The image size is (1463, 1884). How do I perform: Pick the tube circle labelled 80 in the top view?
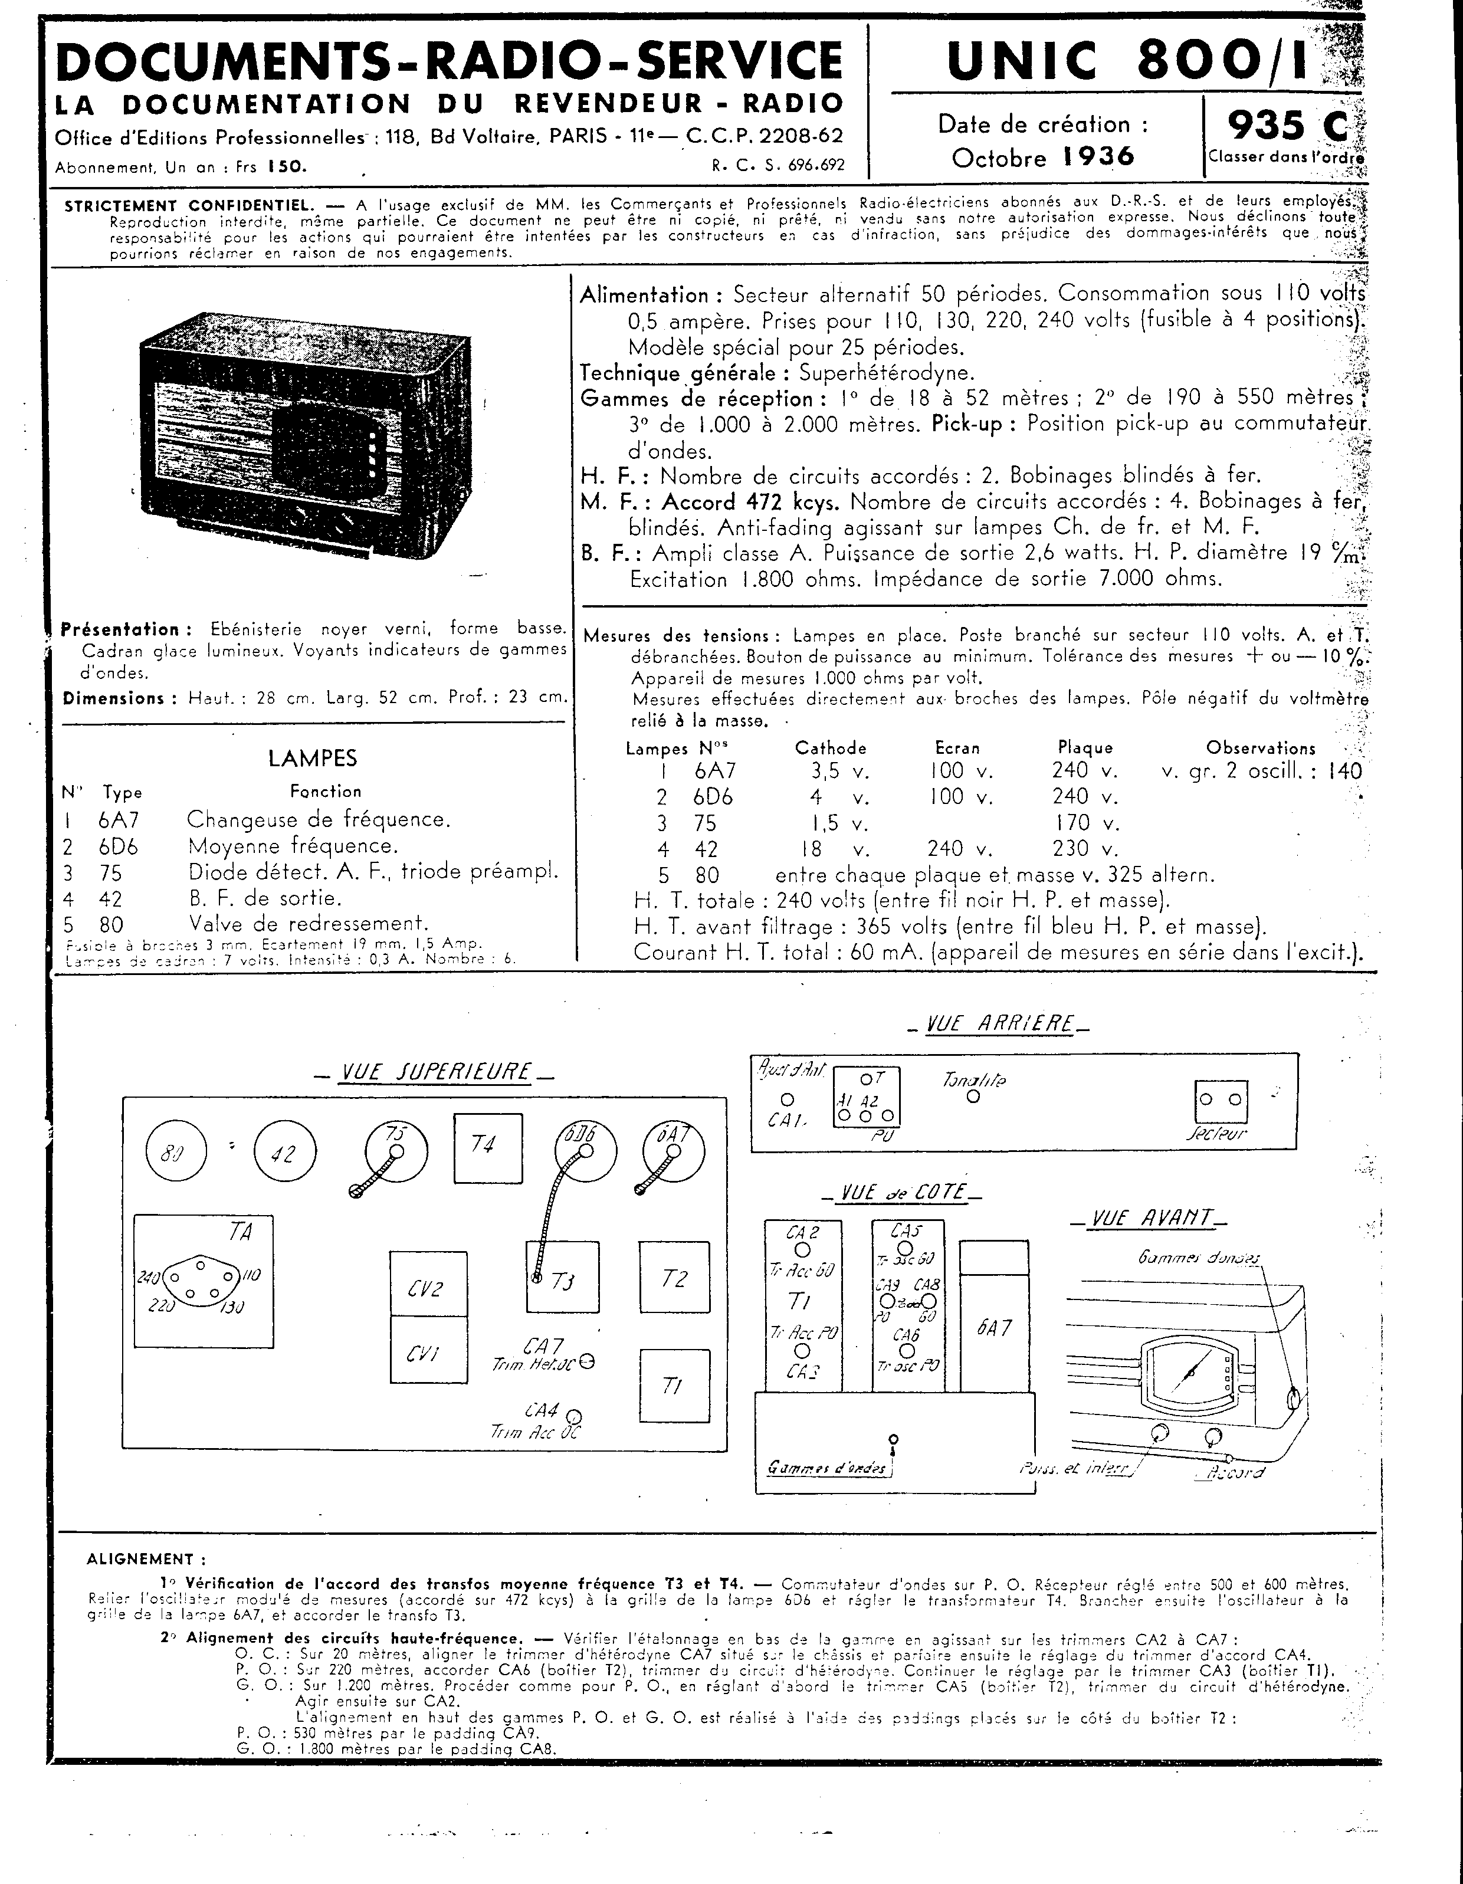[176, 1153]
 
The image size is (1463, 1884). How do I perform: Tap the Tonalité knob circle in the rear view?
[973, 1097]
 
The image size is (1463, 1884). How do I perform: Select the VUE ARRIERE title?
[999, 1025]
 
